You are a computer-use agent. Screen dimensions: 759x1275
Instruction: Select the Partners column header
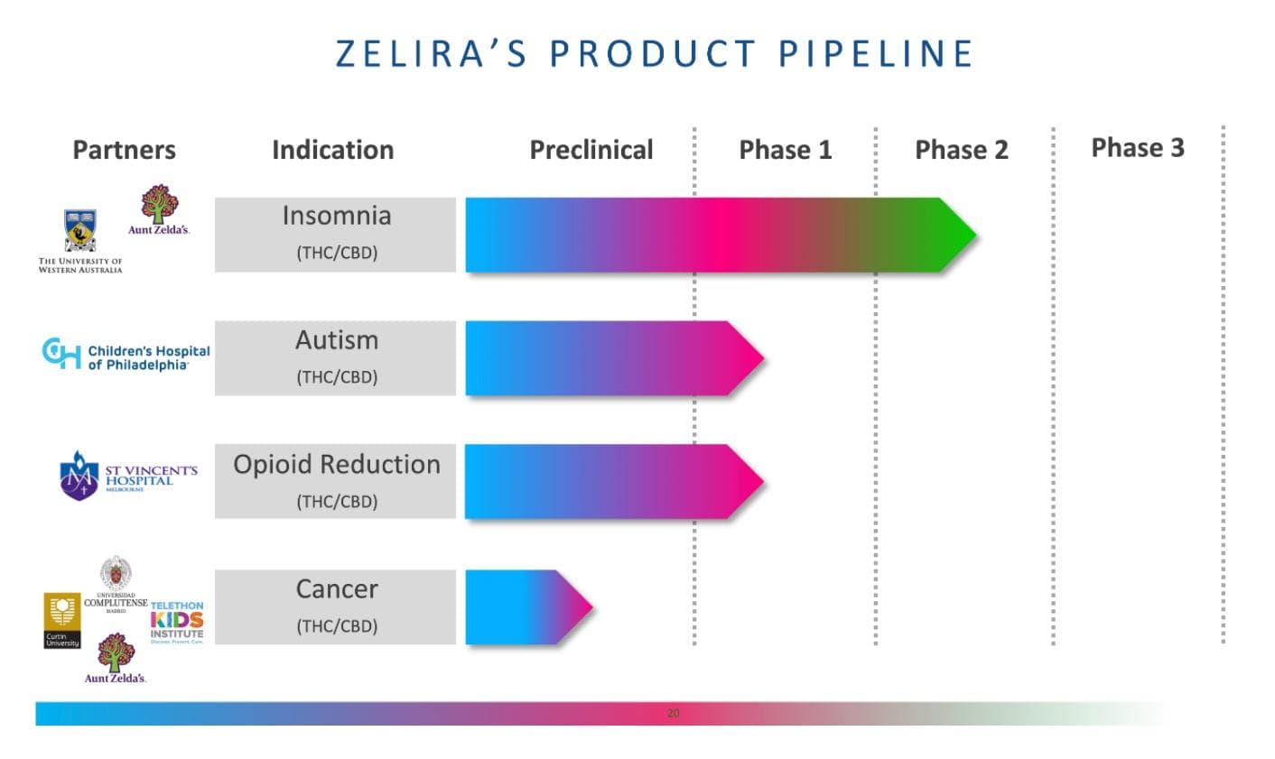(x=124, y=150)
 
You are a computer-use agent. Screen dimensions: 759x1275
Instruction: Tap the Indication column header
(x=332, y=150)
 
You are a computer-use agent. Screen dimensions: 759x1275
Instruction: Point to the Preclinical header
(x=591, y=150)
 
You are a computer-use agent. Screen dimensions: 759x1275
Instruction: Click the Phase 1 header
(x=785, y=150)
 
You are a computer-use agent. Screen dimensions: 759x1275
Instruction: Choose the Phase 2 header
(x=961, y=150)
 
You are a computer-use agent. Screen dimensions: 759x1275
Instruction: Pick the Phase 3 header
(x=1137, y=148)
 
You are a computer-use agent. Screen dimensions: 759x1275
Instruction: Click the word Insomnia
(x=336, y=216)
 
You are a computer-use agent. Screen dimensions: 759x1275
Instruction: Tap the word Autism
(x=336, y=340)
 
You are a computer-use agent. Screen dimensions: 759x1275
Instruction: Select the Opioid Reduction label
(x=336, y=465)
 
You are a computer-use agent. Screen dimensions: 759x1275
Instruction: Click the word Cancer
(x=336, y=589)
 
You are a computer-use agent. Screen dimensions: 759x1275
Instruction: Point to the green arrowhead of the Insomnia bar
(x=957, y=236)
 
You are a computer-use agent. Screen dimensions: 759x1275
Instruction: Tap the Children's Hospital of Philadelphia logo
(x=126, y=356)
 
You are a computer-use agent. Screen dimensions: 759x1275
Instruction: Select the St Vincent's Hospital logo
(x=127, y=476)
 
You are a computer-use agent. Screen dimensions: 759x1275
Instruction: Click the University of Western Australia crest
(x=80, y=231)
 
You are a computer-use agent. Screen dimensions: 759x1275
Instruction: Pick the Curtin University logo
(x=62, y=620)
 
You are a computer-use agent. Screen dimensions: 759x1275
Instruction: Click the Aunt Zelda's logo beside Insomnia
(x=159, y=209)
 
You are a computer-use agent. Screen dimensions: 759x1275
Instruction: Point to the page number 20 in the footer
(x=673, y=713)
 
